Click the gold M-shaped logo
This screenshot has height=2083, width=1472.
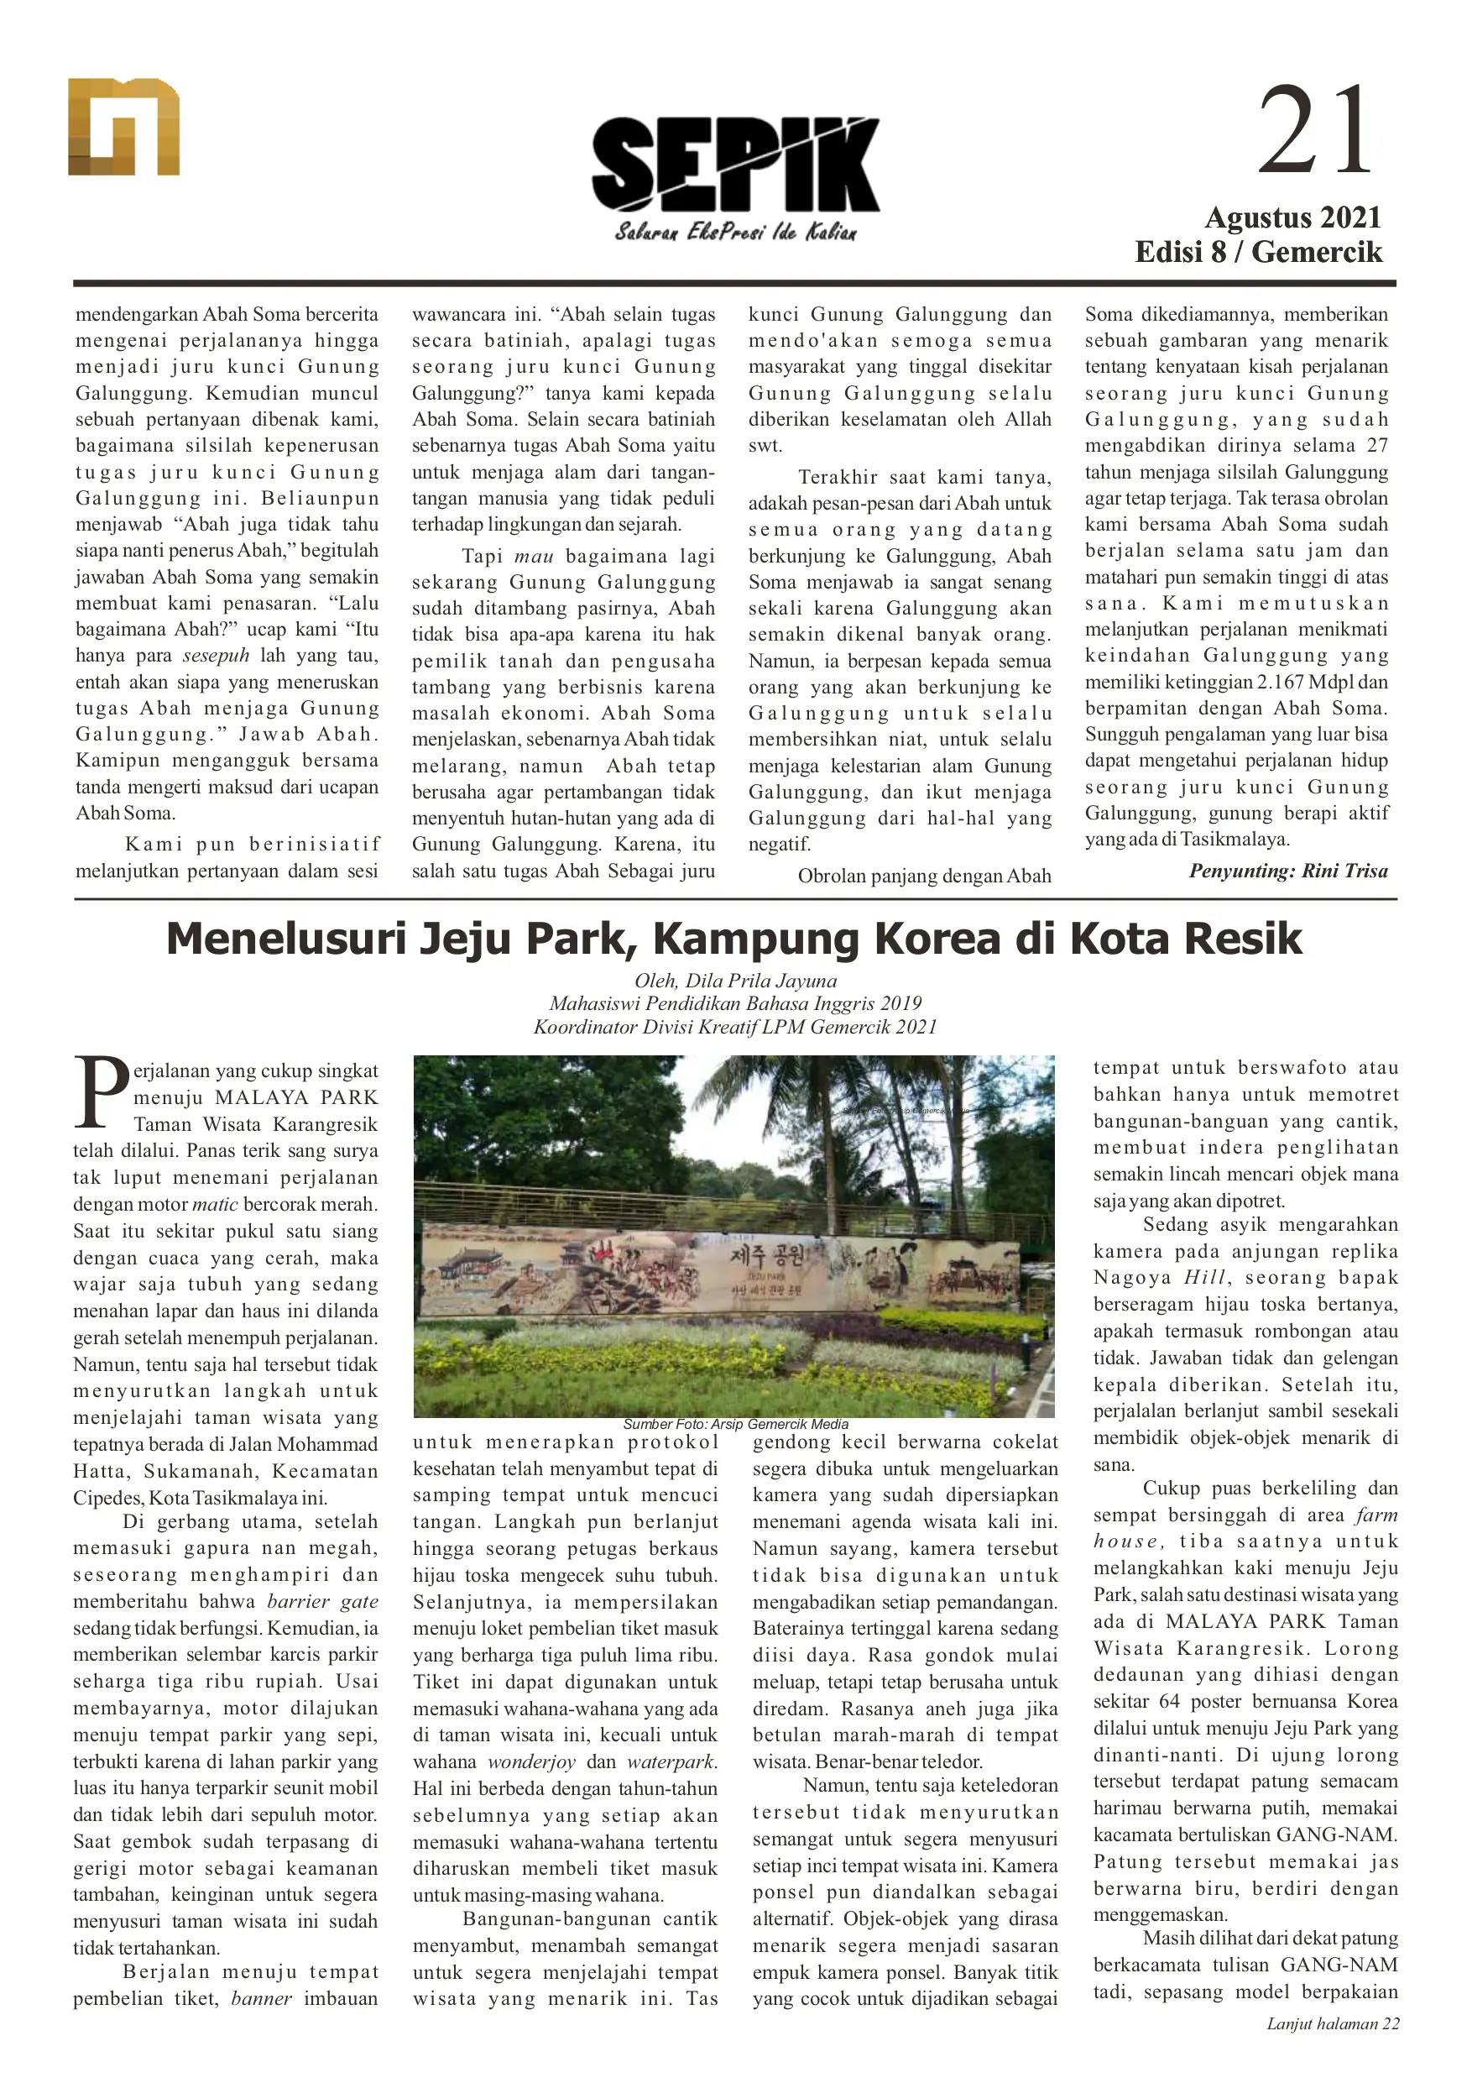click(x=123, y=127)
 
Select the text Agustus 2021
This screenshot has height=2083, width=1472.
click(x=1292, y=217)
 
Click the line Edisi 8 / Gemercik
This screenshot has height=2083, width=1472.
click(x=1258, y=251)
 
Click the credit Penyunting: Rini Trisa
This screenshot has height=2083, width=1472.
click(x=1288, y=871)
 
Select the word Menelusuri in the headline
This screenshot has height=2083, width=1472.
click(x=285, y=938)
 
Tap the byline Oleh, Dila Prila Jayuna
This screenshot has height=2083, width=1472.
click(x=734, y=981)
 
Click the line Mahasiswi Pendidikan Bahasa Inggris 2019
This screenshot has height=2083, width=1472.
click(x=734, y=1003)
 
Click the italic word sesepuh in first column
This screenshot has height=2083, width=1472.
click(x=216, y=656)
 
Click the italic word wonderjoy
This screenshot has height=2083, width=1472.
click(x=531, y=1761)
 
